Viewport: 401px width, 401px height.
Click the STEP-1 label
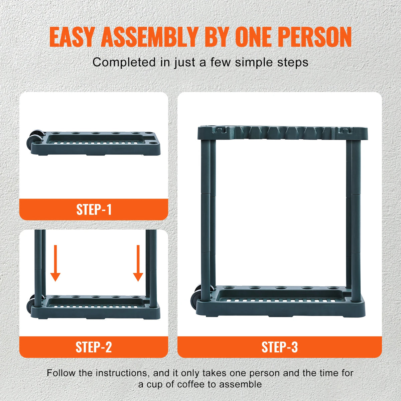94,210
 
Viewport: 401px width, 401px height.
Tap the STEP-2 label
94,347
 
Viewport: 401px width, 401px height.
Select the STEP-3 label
279,347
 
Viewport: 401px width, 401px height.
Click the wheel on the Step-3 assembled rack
196,294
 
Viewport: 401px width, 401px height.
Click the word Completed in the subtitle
119,62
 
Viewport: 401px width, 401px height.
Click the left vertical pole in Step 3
206,214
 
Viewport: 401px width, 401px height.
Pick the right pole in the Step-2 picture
153,267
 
